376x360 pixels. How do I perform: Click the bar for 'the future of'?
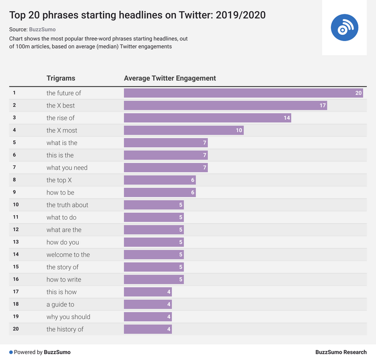243,93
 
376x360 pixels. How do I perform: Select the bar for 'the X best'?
225,106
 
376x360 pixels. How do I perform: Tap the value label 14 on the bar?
286,118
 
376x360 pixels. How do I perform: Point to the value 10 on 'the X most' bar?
239,131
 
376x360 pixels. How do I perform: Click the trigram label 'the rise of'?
60,118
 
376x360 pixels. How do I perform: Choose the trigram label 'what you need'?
67,168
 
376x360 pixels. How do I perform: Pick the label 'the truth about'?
67,205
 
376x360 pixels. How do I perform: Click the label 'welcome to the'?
68,255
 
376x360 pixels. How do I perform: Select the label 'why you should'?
68,317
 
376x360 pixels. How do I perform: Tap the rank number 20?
16,329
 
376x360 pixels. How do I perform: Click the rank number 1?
14,93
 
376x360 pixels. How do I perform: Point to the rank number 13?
16,242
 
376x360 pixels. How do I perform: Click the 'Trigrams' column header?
61,78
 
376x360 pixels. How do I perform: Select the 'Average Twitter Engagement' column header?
170,78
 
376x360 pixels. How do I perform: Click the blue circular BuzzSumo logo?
344,27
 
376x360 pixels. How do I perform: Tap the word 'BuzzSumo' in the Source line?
42,29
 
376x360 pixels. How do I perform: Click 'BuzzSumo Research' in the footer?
341,352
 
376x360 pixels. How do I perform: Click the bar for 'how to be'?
160,193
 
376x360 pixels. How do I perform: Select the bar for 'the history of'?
148,329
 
